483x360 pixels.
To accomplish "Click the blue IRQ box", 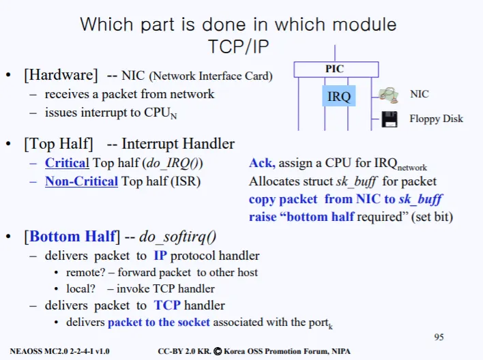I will [339, 96].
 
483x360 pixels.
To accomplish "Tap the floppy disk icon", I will [390, 119].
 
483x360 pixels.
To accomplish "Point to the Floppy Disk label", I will [436, 119].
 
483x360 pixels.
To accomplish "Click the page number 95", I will [439, 337].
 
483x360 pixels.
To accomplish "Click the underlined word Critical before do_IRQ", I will [67, 163].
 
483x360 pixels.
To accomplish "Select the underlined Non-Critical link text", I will [81, 181].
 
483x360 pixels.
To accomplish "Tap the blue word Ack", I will [261, 163].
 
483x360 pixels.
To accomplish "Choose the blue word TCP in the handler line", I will [167, 305].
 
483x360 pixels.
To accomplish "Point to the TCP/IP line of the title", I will [239, 46].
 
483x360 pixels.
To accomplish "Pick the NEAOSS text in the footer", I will [27, 351].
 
